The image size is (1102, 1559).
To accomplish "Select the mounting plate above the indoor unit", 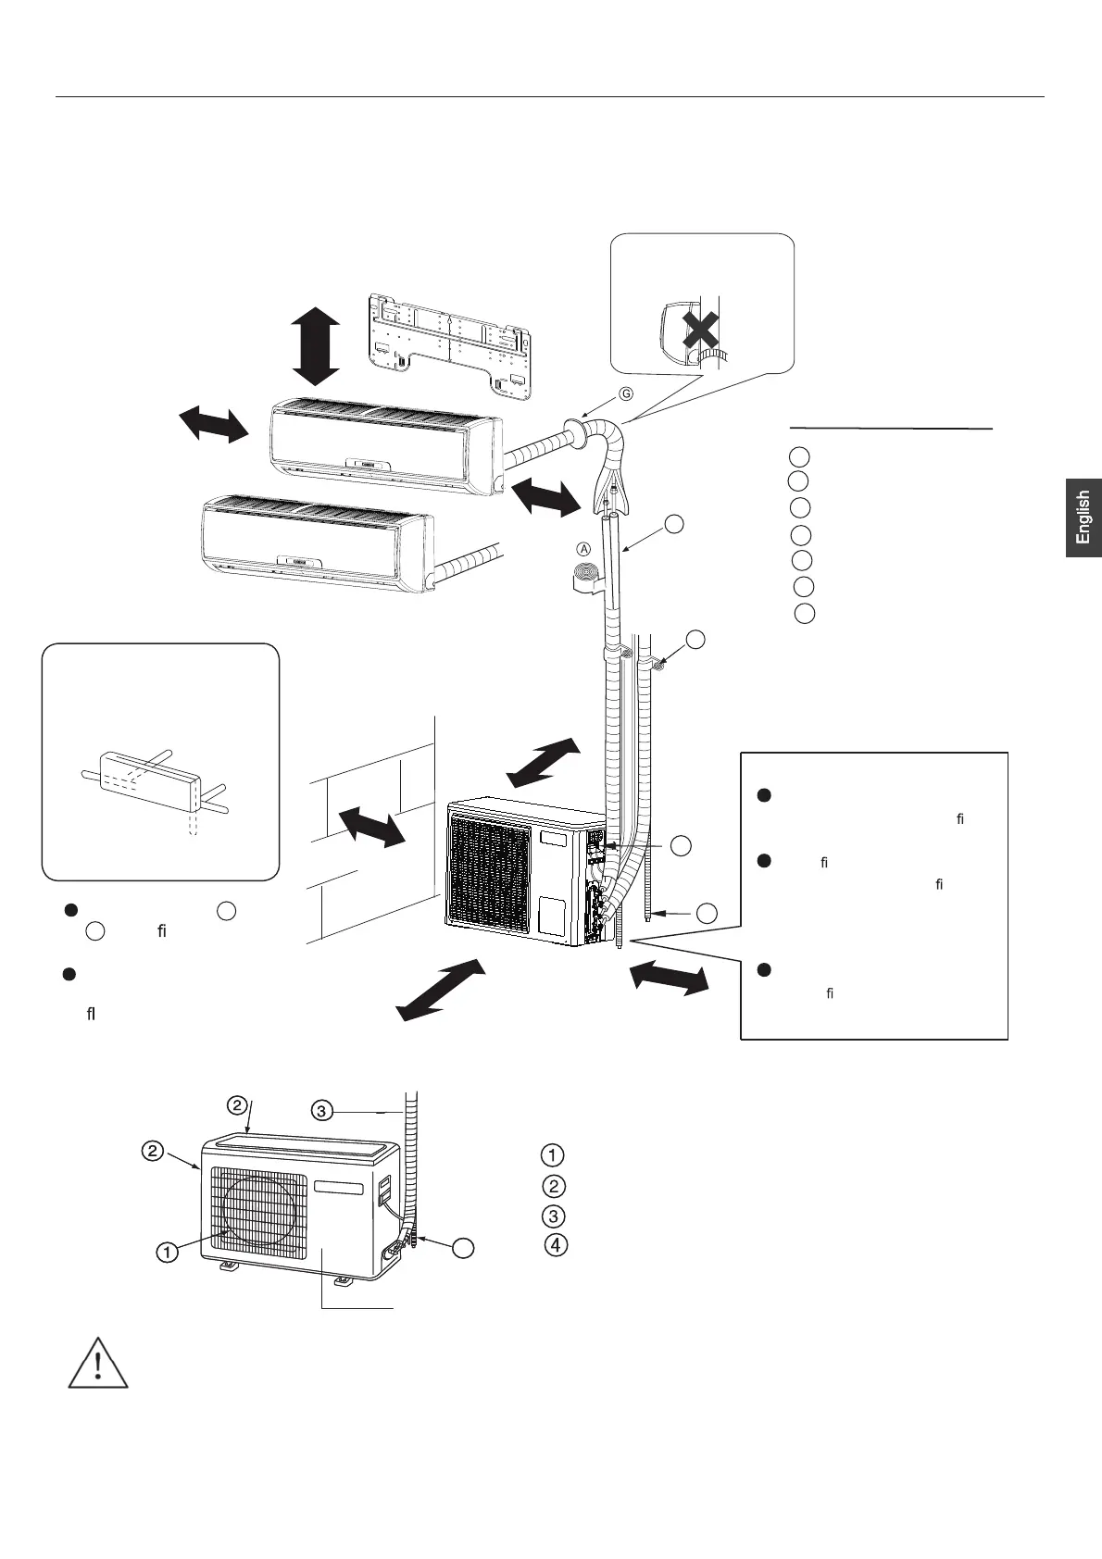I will [x=448, y=342].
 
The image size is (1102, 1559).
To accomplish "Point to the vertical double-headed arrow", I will [x=316, y=346].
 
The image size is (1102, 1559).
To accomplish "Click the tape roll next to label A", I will [x=583, y=575].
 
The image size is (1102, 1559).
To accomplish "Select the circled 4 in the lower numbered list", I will [x=554, y=1245].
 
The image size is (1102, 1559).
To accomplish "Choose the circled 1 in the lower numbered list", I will [x=551, y=1155].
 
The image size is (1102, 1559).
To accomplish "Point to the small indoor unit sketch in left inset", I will [x=148, y=775].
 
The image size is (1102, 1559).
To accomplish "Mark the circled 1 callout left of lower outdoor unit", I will [x=167, y=1253].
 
